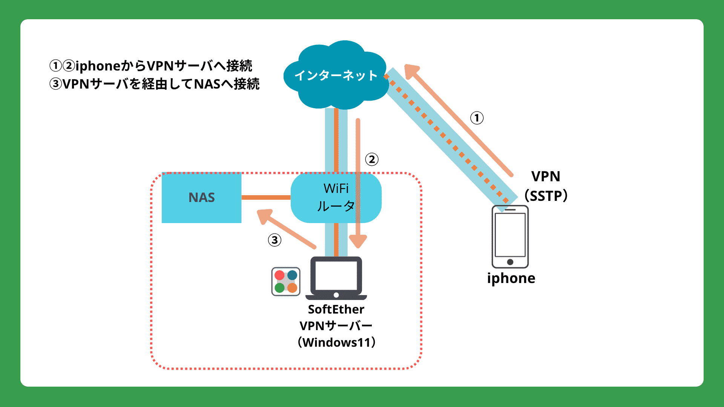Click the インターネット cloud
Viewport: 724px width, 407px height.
[335, 75]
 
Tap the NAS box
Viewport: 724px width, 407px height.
[201, 197]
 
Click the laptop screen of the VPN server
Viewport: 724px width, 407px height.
[336, 275]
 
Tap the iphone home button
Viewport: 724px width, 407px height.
[510, 262]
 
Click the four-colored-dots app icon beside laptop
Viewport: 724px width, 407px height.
[286, 282]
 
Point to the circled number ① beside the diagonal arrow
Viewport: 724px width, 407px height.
[477, 118]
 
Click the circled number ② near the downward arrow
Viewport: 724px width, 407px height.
[371, 159]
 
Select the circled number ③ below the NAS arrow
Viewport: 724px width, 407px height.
[275, 240]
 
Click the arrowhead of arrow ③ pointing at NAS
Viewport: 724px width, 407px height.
[264, 216]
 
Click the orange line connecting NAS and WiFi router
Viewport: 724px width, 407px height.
[266, 197]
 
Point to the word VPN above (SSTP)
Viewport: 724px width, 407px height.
[546, 176]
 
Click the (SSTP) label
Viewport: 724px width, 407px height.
[546, 196]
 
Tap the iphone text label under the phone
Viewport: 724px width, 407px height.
[511, 278]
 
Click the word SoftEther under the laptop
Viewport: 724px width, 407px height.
[336, 309]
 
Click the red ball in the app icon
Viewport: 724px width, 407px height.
[279, 275]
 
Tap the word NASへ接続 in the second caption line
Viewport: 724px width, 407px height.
[227, 84]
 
